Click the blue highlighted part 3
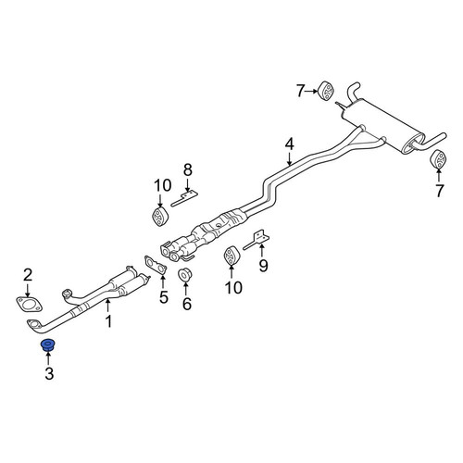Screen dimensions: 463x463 click(x=47, y=344)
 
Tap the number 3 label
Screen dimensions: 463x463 click(x=49, y=373)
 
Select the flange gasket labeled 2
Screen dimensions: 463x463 click(x=29, y=304)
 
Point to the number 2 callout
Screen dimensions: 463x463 click(x=28, y=275)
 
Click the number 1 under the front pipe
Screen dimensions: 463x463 click(x=108, y=321)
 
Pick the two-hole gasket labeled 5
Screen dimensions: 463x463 click(x=156, y=265)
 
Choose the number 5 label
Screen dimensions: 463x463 click(x=163, y=297)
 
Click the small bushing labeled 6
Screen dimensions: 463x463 click(x=185, y=275)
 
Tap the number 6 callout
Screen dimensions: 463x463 click(x=187, y=304)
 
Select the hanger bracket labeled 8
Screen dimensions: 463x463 click(x=184, y=198)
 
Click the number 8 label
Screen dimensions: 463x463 click(x=188, y=169)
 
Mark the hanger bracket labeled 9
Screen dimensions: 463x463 click(x=257, y=240)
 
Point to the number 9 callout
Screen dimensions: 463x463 click(x=263, y=266)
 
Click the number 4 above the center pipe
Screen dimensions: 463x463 click(x=289, y=144)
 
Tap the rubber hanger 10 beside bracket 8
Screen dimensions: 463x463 click(x=160, y=216)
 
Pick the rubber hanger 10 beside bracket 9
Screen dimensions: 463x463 click(x=231, y=256)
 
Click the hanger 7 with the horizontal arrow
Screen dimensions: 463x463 click(x=326, y=91)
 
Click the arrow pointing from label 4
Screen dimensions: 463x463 click(x=289, y=159)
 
